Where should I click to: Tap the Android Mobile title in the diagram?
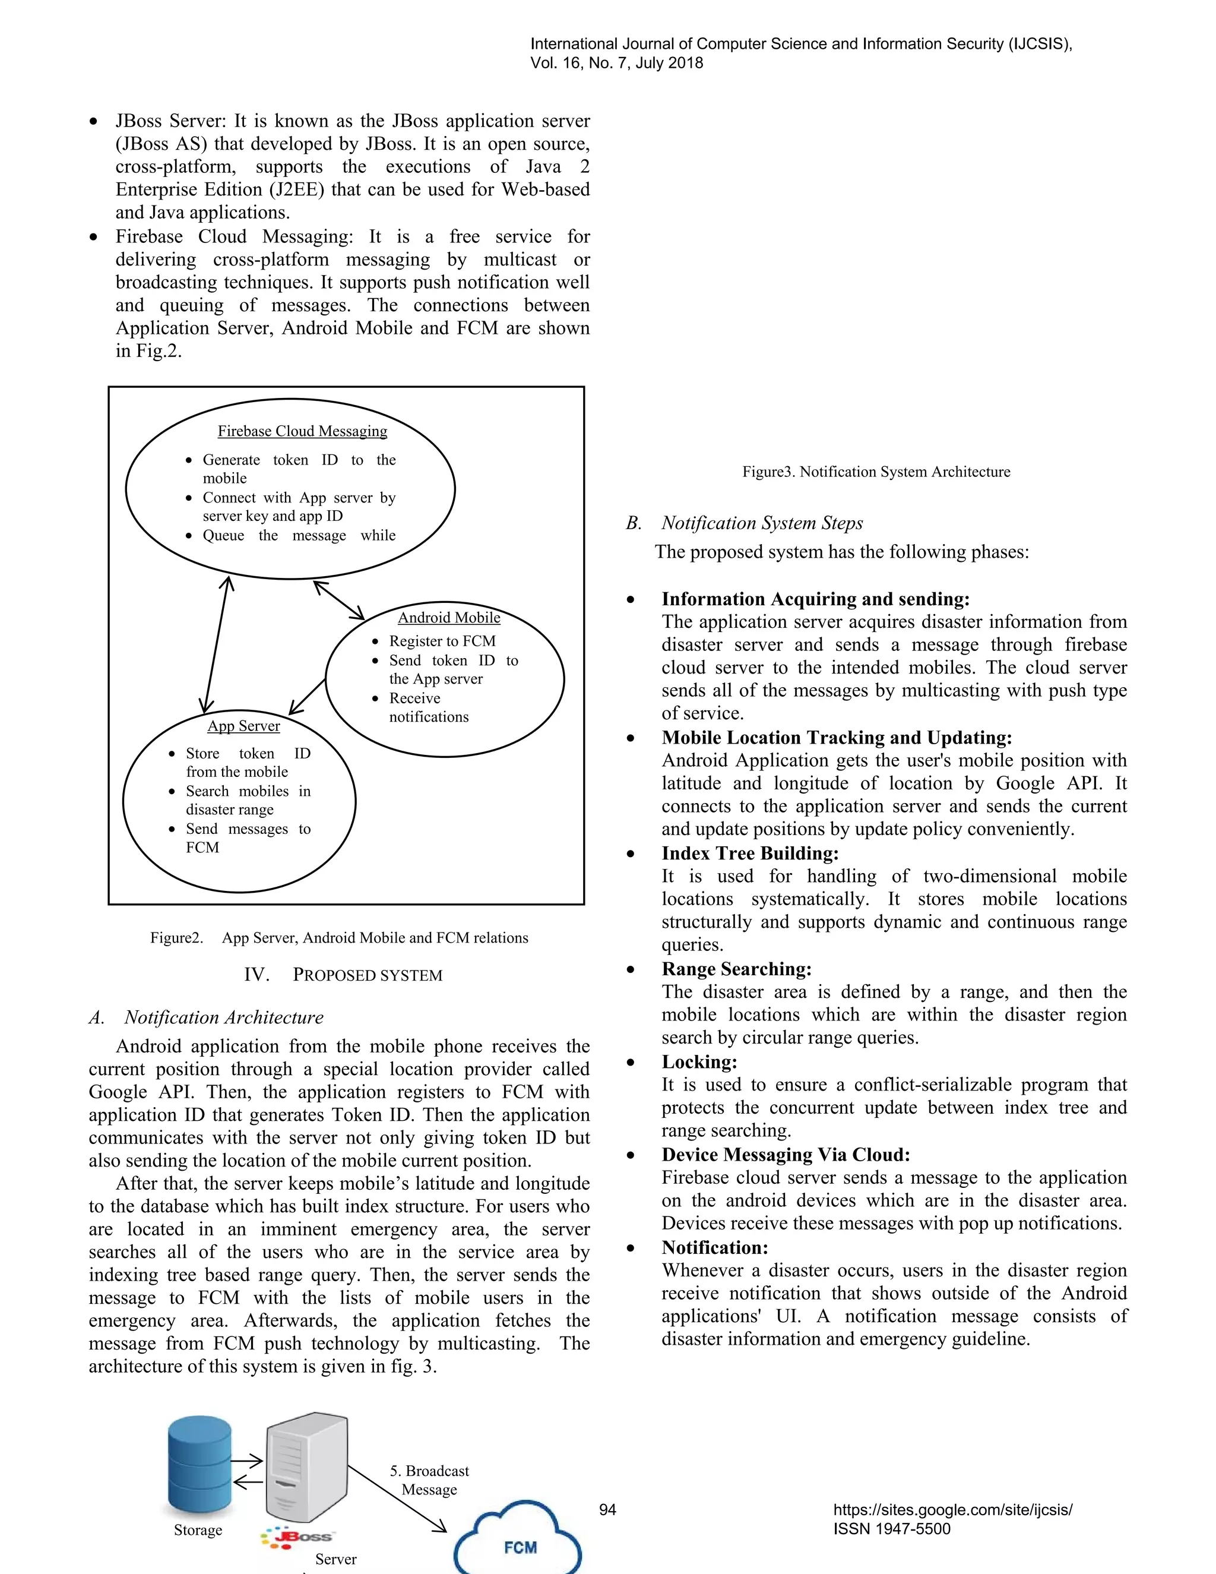(449, 618)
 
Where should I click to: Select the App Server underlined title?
(243, 726)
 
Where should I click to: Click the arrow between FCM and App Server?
(216, 644)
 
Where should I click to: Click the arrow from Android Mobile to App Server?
(307, 696)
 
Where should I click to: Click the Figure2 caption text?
(338, 938)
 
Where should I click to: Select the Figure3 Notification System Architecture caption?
(876, 472)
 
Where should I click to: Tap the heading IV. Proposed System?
(343, 975)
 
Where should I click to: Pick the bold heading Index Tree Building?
(750, 854)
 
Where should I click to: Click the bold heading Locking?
(699, 1063)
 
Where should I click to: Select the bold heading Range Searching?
(736, 969)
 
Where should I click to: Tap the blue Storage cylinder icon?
(199, 1466)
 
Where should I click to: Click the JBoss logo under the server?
(297, 1536)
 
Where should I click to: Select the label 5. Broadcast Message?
(429, 1480)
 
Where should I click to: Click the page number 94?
(607, 1510)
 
